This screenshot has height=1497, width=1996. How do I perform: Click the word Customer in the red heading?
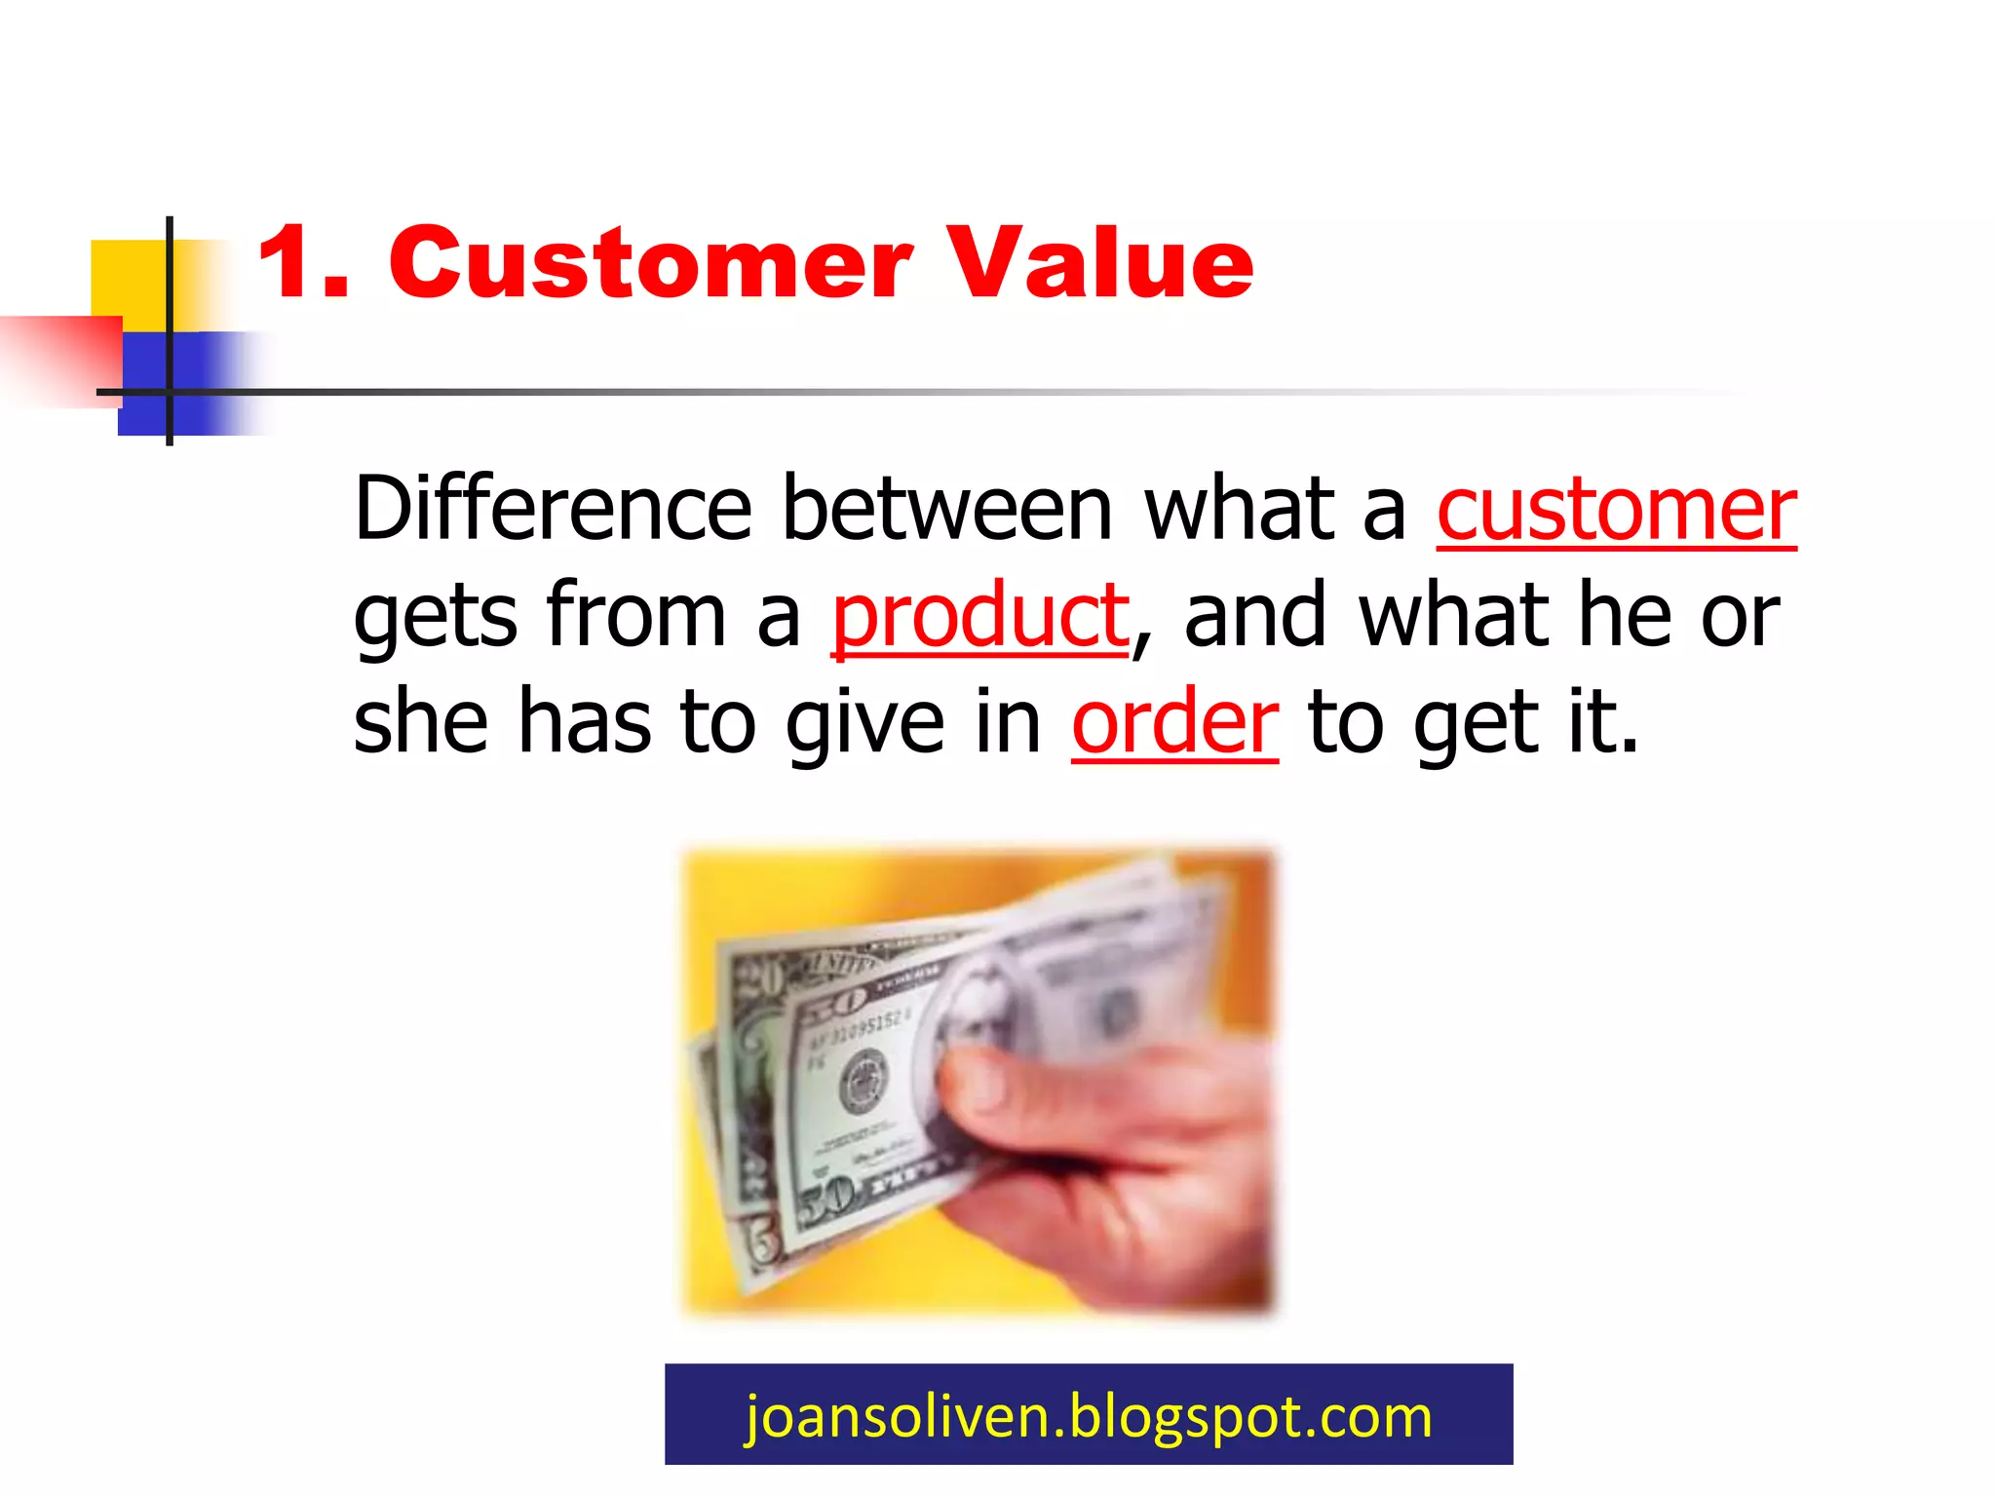650,263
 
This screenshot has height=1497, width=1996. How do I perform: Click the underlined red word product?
979,616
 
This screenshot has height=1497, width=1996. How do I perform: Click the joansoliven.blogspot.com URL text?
1089,1415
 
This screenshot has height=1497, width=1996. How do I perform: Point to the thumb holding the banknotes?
1004,1082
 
